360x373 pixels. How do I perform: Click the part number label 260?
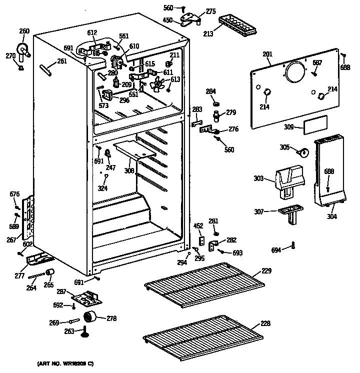point(24,31)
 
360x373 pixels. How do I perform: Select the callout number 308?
point(129,170)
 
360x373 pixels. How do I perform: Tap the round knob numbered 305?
point(301,151)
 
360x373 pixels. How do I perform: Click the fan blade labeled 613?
point(159,85)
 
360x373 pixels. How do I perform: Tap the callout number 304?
point(331,216)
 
